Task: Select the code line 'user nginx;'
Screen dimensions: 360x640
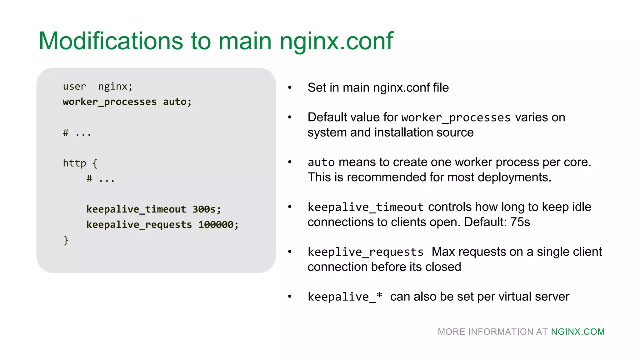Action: pyautogui.click(x=97, y=86)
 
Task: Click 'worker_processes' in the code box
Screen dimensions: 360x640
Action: pyautogui.click(x=110, y=102)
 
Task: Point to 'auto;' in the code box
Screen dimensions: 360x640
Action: pyautogui.click(x=177, y=102)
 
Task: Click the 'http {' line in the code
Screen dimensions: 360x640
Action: pyautogui.click(x=80, y=163)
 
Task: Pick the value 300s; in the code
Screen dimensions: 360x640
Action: pyautogui.click(x=207, y=209)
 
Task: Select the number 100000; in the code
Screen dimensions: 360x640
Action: pyautogui.click(x=218, y=224)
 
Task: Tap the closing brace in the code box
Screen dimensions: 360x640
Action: pyautogui.click(x=66, y=240)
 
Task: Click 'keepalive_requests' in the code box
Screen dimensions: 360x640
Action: pyautogui.click(x=139, y=224)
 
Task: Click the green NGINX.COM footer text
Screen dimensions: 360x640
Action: pyautogui.click(x=578, y=332)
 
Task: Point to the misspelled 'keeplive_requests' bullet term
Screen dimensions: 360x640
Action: pyautogui.click(x=365, y=252)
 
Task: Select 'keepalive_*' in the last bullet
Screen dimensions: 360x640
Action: pyautogui.click(x=345, y=297)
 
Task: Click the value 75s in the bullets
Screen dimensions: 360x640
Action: pyautogui.click(x=520, y=222)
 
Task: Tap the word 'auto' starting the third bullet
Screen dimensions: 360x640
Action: pyautogui.click(x=321, y=162)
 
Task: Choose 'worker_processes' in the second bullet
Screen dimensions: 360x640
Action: pyautogui.click(x=456, y=117)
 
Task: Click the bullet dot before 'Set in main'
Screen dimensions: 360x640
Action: pyautogui.click(x=290, y=87)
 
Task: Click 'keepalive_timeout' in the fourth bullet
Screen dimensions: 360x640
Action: pyautogui.click(x=365, y=207)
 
